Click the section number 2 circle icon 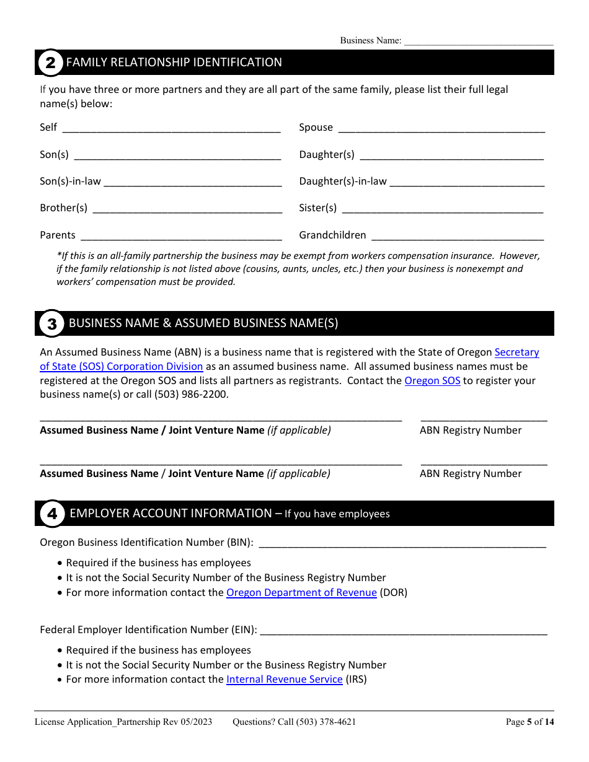point(51,63)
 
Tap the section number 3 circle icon point(52,323)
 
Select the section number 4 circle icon point(52,514)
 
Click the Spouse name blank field point(441,128)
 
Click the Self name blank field point(171,128)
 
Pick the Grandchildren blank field point(457,236)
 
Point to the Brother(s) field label point(64,208)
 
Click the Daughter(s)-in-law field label point(342,182)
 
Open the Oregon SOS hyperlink point(432,381)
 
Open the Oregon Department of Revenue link point(301,593)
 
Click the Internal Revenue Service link point(284,680)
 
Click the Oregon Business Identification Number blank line point(402,543)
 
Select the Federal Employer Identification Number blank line point(403,631)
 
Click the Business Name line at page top point(478,41)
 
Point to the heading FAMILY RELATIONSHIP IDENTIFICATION point(174,63)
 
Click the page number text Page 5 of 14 point(529,722)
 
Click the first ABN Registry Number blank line point(484,418)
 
